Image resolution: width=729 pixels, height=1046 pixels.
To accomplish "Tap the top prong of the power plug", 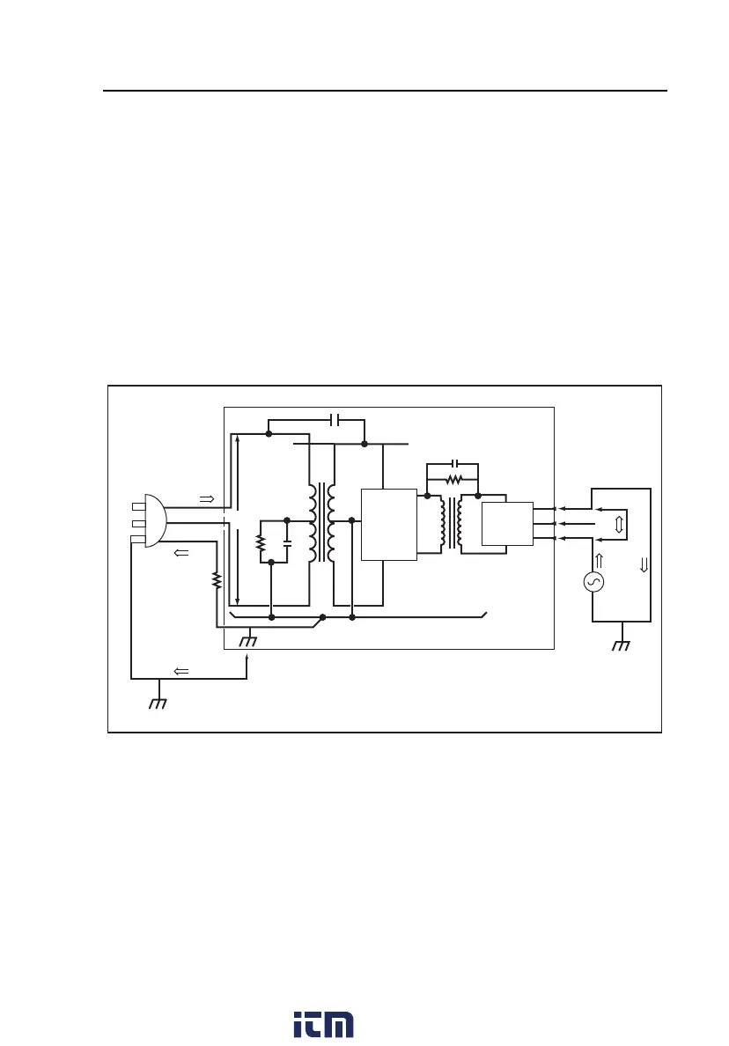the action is (x=137, y=506).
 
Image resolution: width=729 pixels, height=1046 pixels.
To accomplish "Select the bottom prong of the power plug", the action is (x=137, y=539).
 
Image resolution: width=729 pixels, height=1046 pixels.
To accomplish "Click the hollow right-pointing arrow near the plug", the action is (x=207, y=498).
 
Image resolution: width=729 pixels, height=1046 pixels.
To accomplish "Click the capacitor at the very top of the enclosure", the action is (x=334, y=419).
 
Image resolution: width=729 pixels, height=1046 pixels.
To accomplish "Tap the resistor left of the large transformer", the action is (x=261, y=544).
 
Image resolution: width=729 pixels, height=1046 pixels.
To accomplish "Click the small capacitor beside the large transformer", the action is (x=287, y=544).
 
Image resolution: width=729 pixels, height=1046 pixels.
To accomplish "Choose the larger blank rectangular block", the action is (x=389, y=524).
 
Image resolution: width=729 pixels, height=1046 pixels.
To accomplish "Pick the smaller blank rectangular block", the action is (x=508, y=523).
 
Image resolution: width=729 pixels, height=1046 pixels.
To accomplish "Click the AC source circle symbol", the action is (x=596, y=582).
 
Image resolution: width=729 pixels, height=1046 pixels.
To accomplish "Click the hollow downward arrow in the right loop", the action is (x=643, y=562).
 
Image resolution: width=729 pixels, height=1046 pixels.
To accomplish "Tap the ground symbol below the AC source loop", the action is (x=622, y=645).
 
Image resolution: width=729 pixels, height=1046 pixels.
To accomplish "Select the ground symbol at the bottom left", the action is (x=158, y=703).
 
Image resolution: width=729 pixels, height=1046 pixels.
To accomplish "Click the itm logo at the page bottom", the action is (x=323, y=1023).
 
